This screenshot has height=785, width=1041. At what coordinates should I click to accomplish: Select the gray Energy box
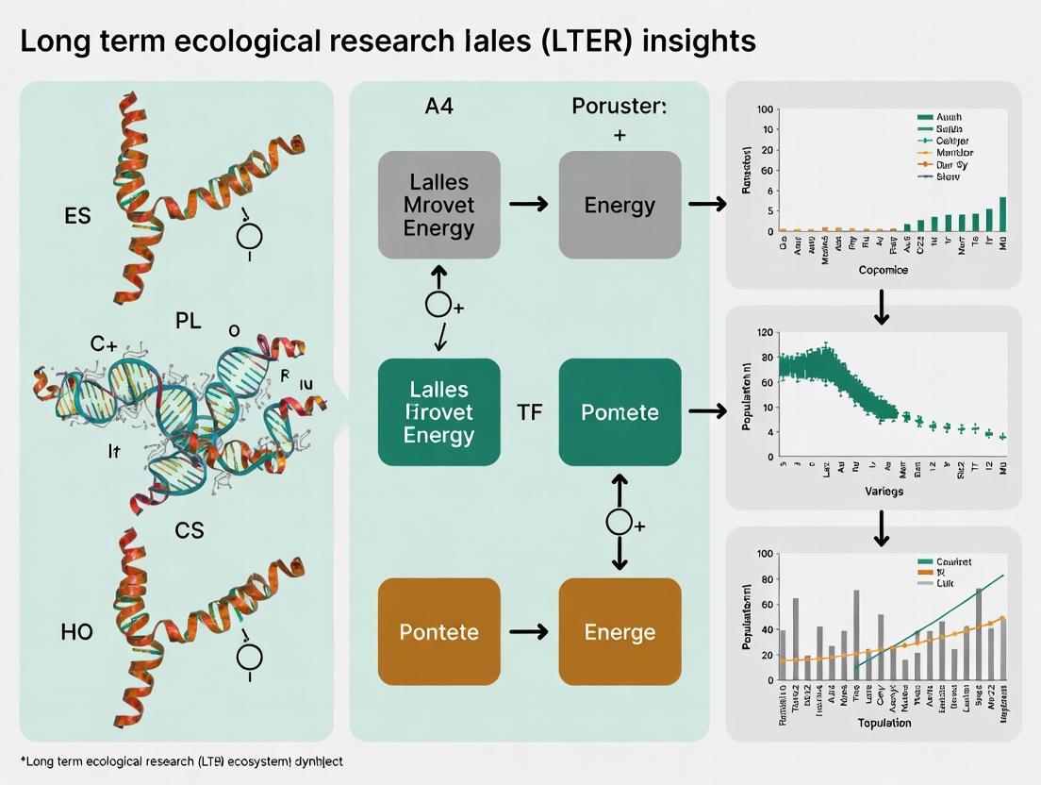620,205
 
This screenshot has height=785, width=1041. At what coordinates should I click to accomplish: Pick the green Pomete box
620,412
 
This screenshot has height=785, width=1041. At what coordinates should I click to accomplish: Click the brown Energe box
620,631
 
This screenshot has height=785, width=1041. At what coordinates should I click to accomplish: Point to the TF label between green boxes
530,412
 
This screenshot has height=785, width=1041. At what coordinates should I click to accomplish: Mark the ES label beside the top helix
77,216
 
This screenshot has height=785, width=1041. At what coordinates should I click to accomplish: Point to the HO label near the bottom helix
77,631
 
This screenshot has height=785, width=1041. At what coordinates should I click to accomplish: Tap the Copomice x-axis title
884,269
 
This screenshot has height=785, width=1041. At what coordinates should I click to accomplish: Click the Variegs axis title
884,491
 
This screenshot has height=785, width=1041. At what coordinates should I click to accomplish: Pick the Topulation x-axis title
884,723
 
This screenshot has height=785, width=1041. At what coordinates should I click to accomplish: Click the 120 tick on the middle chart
764,333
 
